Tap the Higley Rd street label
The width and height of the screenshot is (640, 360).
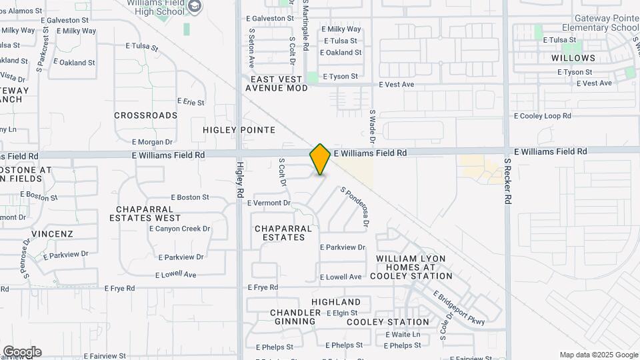[240, 179]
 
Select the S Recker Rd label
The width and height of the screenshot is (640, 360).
[508, 181]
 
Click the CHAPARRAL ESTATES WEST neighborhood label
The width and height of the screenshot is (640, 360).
[149, 213]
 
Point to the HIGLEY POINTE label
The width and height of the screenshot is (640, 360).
[230, 130]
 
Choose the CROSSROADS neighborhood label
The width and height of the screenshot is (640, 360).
[145, 115]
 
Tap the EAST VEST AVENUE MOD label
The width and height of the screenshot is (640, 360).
[277, 83]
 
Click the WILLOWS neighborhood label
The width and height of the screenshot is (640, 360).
[573, 58]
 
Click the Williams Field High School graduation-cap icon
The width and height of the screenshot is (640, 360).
[195, 7]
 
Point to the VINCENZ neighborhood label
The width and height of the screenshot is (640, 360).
[52, 234]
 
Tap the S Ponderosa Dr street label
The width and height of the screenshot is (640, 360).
[355, 207]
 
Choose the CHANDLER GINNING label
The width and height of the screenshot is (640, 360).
[293, 317]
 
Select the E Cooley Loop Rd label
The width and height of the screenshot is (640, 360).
[542, 116]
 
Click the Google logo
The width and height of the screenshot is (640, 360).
[22, 352]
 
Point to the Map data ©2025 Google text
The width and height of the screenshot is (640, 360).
[599, 355]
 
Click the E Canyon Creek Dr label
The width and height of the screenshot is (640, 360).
[179, 229]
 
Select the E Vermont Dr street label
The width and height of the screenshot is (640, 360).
[269, 203]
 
